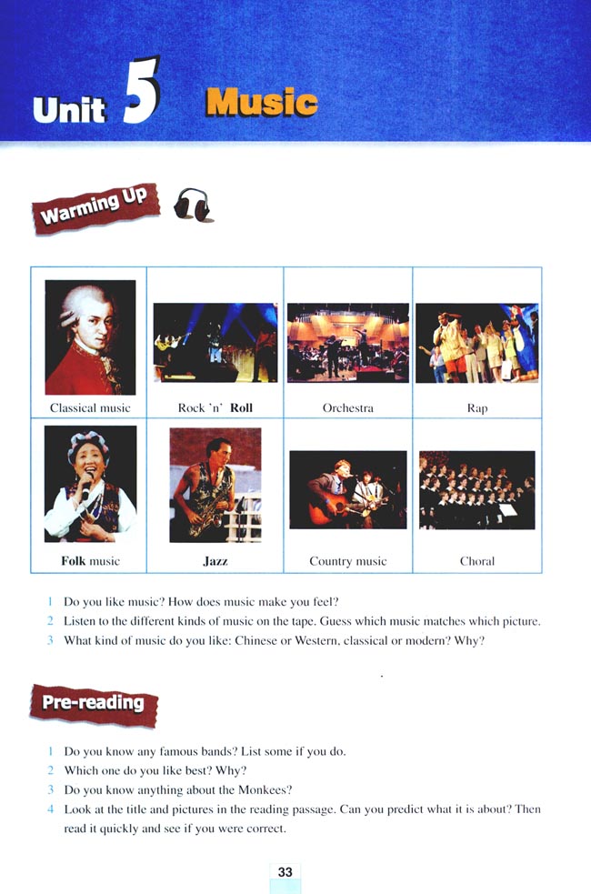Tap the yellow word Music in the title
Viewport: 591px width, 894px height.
coord(262,103)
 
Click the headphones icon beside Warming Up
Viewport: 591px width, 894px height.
coord(193,204)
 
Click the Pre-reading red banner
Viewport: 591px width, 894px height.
coord(94,705)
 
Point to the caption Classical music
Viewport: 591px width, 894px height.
coord(90,407)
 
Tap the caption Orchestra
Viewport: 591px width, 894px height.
coord(347,407)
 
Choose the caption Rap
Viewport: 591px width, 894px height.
coord(477,408)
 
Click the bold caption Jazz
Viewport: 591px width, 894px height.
coord(215,561)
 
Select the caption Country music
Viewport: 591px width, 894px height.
coord(347,561)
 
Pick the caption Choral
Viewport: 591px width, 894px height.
coord(477,561)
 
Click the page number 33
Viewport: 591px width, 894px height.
coord(285,872)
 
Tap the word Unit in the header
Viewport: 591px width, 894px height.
coord(69,109)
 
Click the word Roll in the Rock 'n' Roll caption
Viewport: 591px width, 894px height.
coord(241,407)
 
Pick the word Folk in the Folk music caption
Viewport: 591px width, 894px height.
coord(73,561)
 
